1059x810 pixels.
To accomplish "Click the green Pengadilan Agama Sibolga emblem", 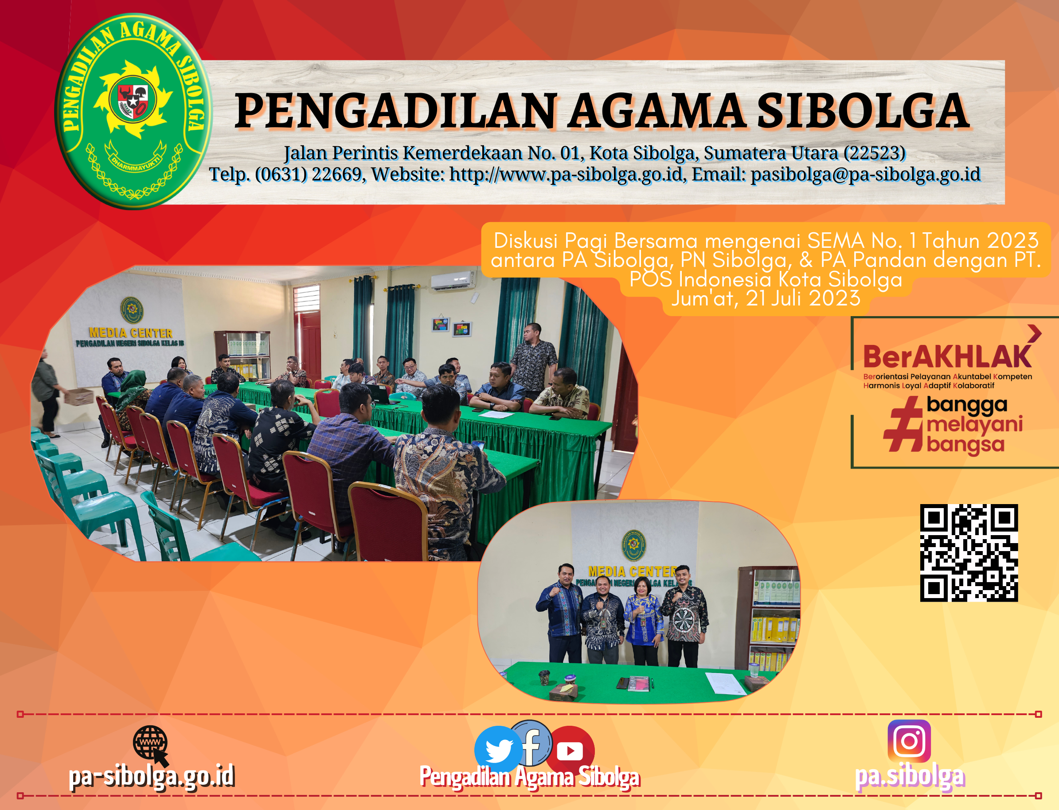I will tap(133, 111).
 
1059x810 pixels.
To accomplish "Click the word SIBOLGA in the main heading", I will tap(862, 112).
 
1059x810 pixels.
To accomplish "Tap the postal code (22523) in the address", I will tap(874, 153).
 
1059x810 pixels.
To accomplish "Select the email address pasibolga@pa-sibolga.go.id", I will tap(866, 174).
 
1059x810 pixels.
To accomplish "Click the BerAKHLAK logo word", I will tap(947, 357).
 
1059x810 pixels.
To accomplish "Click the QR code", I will tap(969, 553).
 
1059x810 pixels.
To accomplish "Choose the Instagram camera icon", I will tap(909, 741).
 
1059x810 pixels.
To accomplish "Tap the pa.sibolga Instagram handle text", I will tap(910, 777).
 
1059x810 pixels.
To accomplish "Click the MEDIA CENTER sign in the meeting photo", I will tap(130, 333).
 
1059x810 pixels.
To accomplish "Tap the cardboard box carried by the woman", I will tap(78, 396).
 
